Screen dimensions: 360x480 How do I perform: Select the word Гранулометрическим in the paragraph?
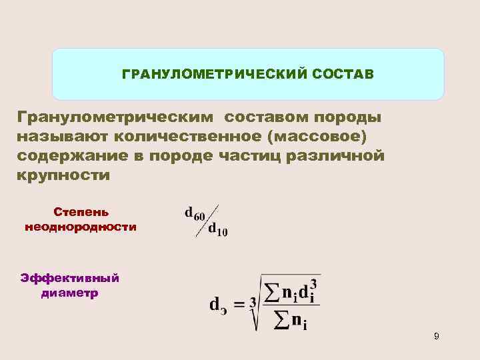pyautogui.click(x=116, y=118)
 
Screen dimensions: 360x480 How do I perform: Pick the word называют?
pyautogui.click(x=64, y=137)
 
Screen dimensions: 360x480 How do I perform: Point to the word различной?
pyautogui.click(x=342, y=156)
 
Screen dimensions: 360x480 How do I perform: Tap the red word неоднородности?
pyautogui.click(x=81, y=227)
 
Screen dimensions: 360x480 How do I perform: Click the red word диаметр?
pyautogui.click(x=69, y=293)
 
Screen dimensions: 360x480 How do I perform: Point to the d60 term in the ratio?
pyautogui.click(x=195, y=214)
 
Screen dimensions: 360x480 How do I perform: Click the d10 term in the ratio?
pyautogui.click(x=217, y=230)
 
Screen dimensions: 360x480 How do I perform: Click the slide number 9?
pyautogui.click(x=436, y=337)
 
